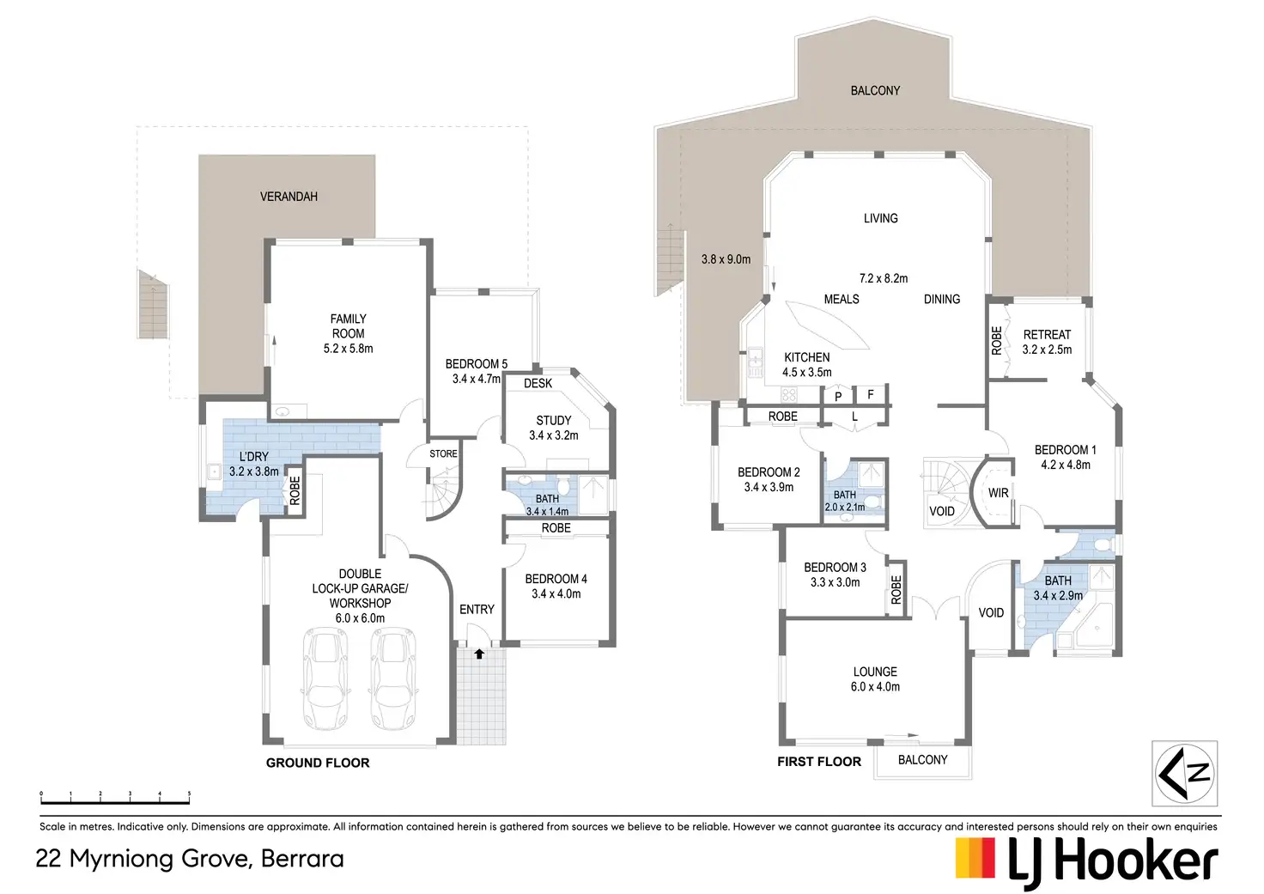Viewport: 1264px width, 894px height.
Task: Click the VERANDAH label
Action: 289,197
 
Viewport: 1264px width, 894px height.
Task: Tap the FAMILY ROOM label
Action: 348,333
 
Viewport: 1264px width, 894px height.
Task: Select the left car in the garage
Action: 323,678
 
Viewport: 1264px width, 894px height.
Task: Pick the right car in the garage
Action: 393,678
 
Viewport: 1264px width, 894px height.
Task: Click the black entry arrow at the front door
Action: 479,654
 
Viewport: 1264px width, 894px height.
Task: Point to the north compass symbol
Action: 1185,773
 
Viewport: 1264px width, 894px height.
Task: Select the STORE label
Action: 443,453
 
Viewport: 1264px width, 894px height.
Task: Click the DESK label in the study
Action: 538,384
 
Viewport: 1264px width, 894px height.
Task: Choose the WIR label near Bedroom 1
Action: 998,493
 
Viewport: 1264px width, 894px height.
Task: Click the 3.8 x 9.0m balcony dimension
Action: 726,259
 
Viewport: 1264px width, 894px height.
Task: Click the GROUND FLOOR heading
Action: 318,763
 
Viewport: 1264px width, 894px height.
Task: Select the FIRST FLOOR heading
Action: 819,762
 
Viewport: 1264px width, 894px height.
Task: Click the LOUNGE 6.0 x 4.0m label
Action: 875,679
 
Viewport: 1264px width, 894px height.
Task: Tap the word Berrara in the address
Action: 302,859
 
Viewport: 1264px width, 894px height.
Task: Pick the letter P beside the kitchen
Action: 838,397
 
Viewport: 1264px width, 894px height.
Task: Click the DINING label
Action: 942,300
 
